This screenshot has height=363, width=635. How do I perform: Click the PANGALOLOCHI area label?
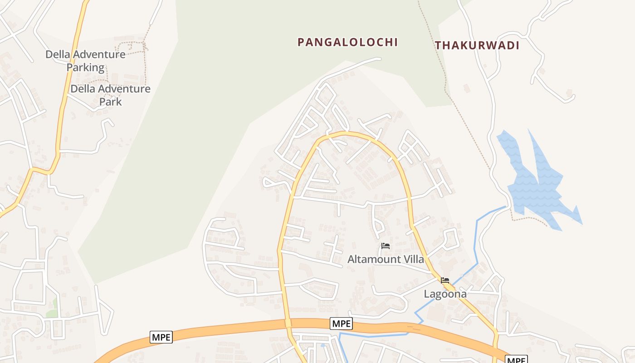tap(347, 42)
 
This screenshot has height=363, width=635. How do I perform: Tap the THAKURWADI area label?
tap(477, 45)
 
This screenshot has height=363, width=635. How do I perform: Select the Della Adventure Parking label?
tap(85, 61)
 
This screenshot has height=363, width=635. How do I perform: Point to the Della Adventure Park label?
tap(110, 95)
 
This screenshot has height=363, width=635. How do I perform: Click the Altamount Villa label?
tap(386, 259)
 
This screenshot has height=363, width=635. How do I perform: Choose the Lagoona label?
tap(445, 294)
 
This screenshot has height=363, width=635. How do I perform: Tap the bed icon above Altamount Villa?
tap(386, 246)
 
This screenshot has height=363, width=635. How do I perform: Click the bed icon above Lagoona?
tap(445, 280)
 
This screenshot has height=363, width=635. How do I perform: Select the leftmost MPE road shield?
tap(161, 337)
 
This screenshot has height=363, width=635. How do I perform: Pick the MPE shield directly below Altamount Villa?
tap(341, 323)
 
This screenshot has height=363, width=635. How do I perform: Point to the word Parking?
tap(86, 68)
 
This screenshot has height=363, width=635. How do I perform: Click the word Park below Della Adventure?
tap(111, 102)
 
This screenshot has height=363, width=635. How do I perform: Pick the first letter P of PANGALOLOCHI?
tap(301, 42)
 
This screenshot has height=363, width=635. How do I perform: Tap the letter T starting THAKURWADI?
tap(438, 45)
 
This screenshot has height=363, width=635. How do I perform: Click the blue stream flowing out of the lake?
tap(476, 245)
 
